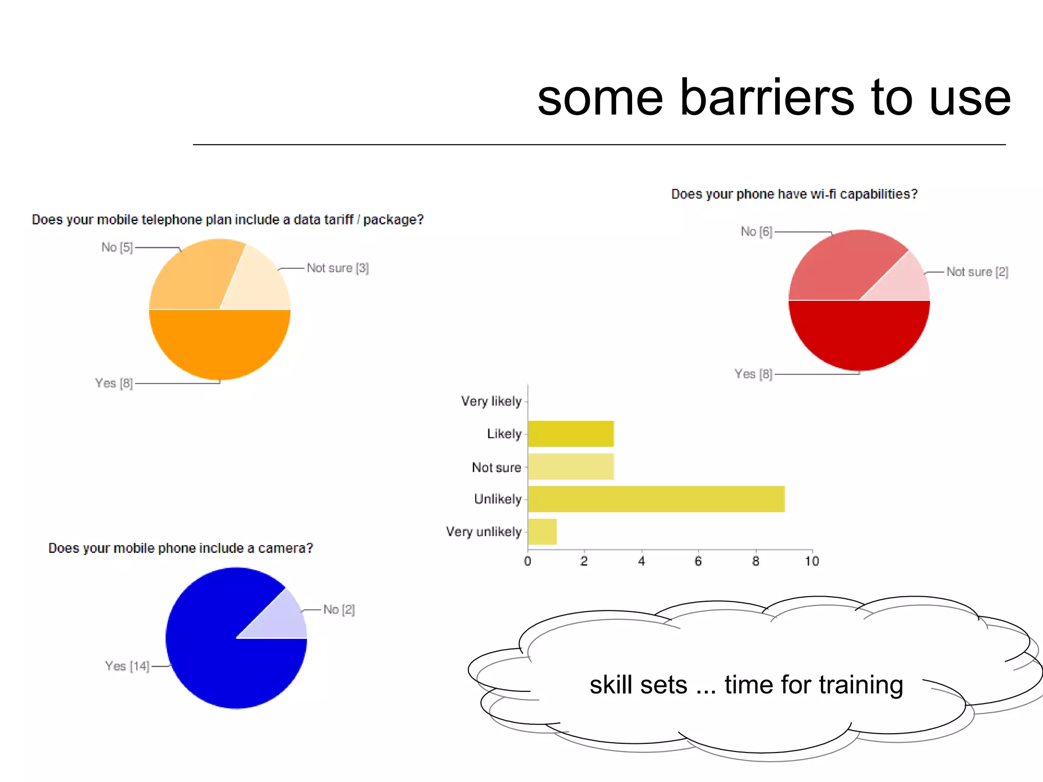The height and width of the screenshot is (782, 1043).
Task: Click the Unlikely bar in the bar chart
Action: [x=656, y=499]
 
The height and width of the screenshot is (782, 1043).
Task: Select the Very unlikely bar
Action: [x=542, y=532]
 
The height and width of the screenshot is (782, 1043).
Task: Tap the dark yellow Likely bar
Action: [x=570, y=434]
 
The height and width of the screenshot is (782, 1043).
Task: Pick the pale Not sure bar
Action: [x=570, y=466]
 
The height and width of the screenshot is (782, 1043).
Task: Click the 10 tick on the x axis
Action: [x=812, y=561]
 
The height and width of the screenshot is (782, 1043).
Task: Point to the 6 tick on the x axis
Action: [x=698, y=561]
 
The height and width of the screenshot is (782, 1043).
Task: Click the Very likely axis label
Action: [x=491, y=401]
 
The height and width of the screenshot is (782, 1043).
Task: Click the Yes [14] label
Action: [x=127, y=666]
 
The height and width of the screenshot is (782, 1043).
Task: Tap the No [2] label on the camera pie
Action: [x=339, y=609]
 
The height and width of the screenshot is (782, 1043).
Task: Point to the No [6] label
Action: [x=756, y=232]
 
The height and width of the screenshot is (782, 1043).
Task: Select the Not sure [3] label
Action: [x=338, y=268]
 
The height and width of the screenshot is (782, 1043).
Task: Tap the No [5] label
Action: [x=117, y=247]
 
